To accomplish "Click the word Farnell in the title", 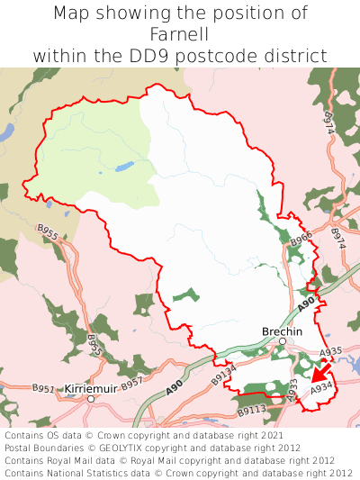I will (x=180, y=34).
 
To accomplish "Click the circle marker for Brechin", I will (x=282, y=341).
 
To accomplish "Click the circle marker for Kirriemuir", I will (x=91, y=398).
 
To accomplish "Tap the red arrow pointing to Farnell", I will (x=318, y=372).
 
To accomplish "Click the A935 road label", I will (x=330, y=352).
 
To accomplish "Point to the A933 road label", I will (x=293, y=387).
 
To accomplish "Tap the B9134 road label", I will (x=224, y=374).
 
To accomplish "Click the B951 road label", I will (x=43, y=388).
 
